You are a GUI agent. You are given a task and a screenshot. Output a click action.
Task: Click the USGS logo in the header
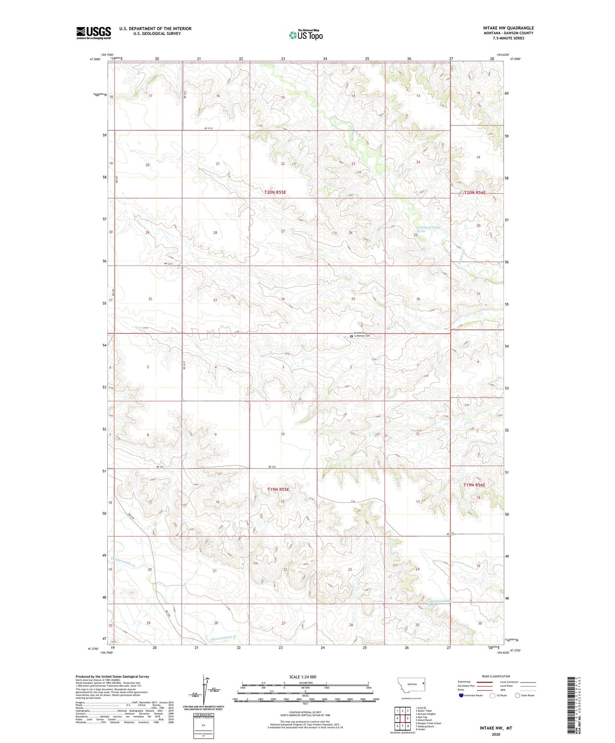(x=94, y=32)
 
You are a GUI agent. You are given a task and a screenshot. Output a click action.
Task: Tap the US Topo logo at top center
(x=306, y=35)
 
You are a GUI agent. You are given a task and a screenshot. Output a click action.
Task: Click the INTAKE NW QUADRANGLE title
(x=508, y=28)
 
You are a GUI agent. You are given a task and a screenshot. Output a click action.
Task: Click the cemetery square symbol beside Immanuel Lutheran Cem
(x=352, y=336)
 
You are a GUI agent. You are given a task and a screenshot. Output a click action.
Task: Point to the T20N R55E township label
(x=275, y=192)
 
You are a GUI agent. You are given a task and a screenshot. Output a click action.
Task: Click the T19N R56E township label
(x=474, y=485)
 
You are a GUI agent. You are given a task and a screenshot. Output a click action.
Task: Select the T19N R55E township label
(x=278, y=489)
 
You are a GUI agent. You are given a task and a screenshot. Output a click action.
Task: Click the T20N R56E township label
(x=475, y=193)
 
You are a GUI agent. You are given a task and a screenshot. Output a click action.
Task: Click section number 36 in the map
(x=418, y=299)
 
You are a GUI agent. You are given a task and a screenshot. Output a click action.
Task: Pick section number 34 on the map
(x=283, y=299)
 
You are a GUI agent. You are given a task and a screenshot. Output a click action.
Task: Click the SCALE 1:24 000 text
(x=303, y=677)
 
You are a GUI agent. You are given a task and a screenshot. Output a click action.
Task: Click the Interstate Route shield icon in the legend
(x=461, y=695)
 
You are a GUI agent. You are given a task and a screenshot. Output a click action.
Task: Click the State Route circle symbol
(x=518, y=695)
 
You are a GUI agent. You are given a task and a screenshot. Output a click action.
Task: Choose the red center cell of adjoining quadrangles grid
(x=402, y=718)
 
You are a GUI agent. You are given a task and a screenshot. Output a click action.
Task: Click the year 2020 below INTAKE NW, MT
(x=495, y=734)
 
